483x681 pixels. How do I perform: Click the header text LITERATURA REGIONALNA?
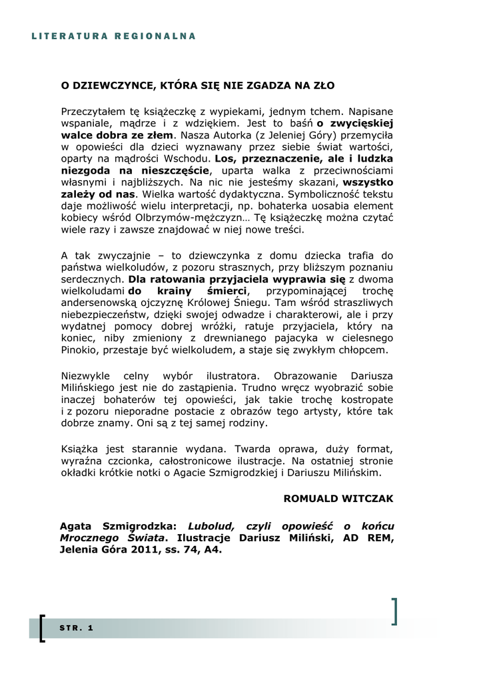pos(113,36)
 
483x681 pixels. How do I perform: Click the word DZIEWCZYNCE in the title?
pos(113,86)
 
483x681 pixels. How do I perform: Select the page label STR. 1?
pos(76,628)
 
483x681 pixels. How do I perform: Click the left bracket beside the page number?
pos(43,628)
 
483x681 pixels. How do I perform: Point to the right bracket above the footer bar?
pos(395,611)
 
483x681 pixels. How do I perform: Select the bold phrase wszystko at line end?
pos(368,183)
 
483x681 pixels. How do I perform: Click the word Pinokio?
pos(79,350)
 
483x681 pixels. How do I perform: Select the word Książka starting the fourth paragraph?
pos(79,448)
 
